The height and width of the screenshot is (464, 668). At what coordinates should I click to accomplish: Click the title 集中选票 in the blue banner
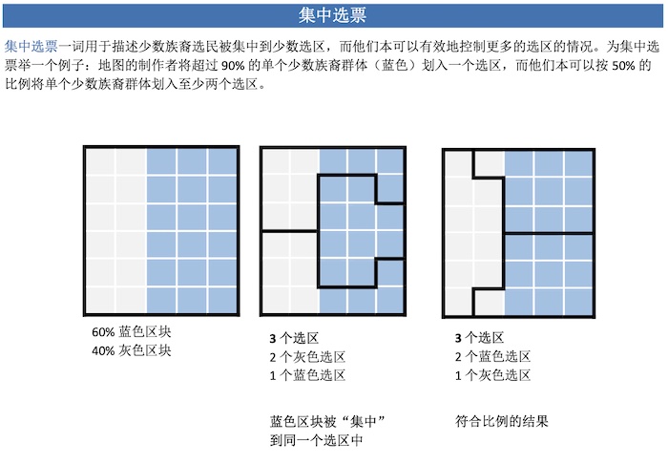(x=332, y=15)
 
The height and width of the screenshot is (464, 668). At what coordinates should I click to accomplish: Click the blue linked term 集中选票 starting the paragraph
(x=31, y=46)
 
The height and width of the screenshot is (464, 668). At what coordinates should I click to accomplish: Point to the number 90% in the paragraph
(x=233, y=65)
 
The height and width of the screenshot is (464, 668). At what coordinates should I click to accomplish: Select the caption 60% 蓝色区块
(x=132, y=332)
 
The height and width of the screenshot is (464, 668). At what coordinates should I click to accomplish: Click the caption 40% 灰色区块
(x=132, y=350)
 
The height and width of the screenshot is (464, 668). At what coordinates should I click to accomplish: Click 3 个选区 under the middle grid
(x=294, y=338)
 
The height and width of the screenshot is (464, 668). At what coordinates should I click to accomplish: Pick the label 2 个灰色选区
(x=307, y=357)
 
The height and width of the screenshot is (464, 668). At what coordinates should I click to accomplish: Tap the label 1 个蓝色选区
(x=307, y=375)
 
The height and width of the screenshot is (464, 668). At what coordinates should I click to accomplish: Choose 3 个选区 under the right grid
(x=479, y=338)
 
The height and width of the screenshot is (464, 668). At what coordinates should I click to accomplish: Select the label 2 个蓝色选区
(x=492, y=357)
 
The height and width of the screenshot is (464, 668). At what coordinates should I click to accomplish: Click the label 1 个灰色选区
(x=492, y=375)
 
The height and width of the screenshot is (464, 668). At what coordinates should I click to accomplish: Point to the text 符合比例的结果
(x=501, y=421)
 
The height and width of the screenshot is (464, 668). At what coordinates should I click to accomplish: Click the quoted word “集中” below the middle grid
(x=363, y=421)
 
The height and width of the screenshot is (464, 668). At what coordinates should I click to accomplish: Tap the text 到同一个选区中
(x=316, y=440)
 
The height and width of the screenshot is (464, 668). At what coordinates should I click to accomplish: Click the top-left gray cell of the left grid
(x=100, y=161)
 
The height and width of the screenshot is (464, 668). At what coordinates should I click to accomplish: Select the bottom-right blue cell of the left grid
(x=222, y=300)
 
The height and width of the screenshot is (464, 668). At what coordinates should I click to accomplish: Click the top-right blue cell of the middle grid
(x=389, y=161)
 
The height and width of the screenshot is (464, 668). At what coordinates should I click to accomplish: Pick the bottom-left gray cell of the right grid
(x=458, y=302)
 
